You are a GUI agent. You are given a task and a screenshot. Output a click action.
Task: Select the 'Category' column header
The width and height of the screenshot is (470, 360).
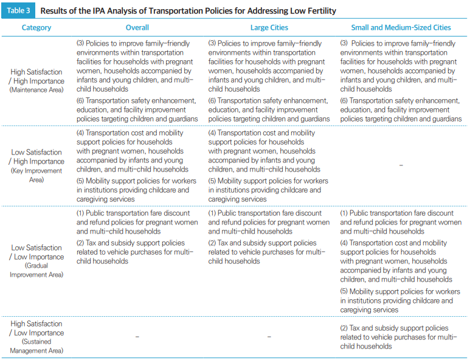(x=36, y=27)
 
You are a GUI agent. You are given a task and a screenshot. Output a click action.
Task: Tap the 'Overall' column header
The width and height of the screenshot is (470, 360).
(x=137, y=27)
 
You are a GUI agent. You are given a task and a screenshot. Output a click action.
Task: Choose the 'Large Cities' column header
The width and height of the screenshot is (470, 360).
(x=269, y=27)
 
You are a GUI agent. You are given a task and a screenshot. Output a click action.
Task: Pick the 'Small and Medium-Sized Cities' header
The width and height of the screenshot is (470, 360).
(x=401, y=27)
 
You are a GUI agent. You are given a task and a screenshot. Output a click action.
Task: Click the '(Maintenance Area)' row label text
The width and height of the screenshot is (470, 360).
(x=36, y=90)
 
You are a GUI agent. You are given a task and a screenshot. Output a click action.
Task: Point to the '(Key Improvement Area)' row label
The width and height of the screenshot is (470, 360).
(x=36, y=175)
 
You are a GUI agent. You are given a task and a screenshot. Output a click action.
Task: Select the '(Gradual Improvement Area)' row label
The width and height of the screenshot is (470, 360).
(x=36, y=270)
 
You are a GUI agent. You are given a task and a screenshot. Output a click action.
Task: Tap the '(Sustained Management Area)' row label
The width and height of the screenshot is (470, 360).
(x=36, y=346)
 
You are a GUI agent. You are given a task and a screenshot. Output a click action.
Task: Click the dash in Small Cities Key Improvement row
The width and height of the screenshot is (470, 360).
(x=401, y=165)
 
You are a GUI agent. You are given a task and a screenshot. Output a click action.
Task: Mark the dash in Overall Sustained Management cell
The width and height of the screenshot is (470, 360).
(x=137, y=337)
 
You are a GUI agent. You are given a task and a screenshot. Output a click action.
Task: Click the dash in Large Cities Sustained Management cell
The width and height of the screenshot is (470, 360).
(x=269, y=337)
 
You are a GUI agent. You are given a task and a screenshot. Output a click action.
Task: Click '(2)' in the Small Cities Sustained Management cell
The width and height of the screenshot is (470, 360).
(x=344, y=328)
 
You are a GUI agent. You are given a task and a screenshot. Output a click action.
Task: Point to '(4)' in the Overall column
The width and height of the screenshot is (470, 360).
(x=80, y=133)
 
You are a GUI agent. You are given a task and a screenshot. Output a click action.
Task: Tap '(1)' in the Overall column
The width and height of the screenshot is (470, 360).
(x=80, y=213)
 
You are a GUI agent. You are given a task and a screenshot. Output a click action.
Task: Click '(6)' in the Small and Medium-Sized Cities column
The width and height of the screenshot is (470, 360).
(x=344, y=101)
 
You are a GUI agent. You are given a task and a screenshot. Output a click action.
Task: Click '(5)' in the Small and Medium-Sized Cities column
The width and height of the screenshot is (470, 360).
(x=344, y=292)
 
